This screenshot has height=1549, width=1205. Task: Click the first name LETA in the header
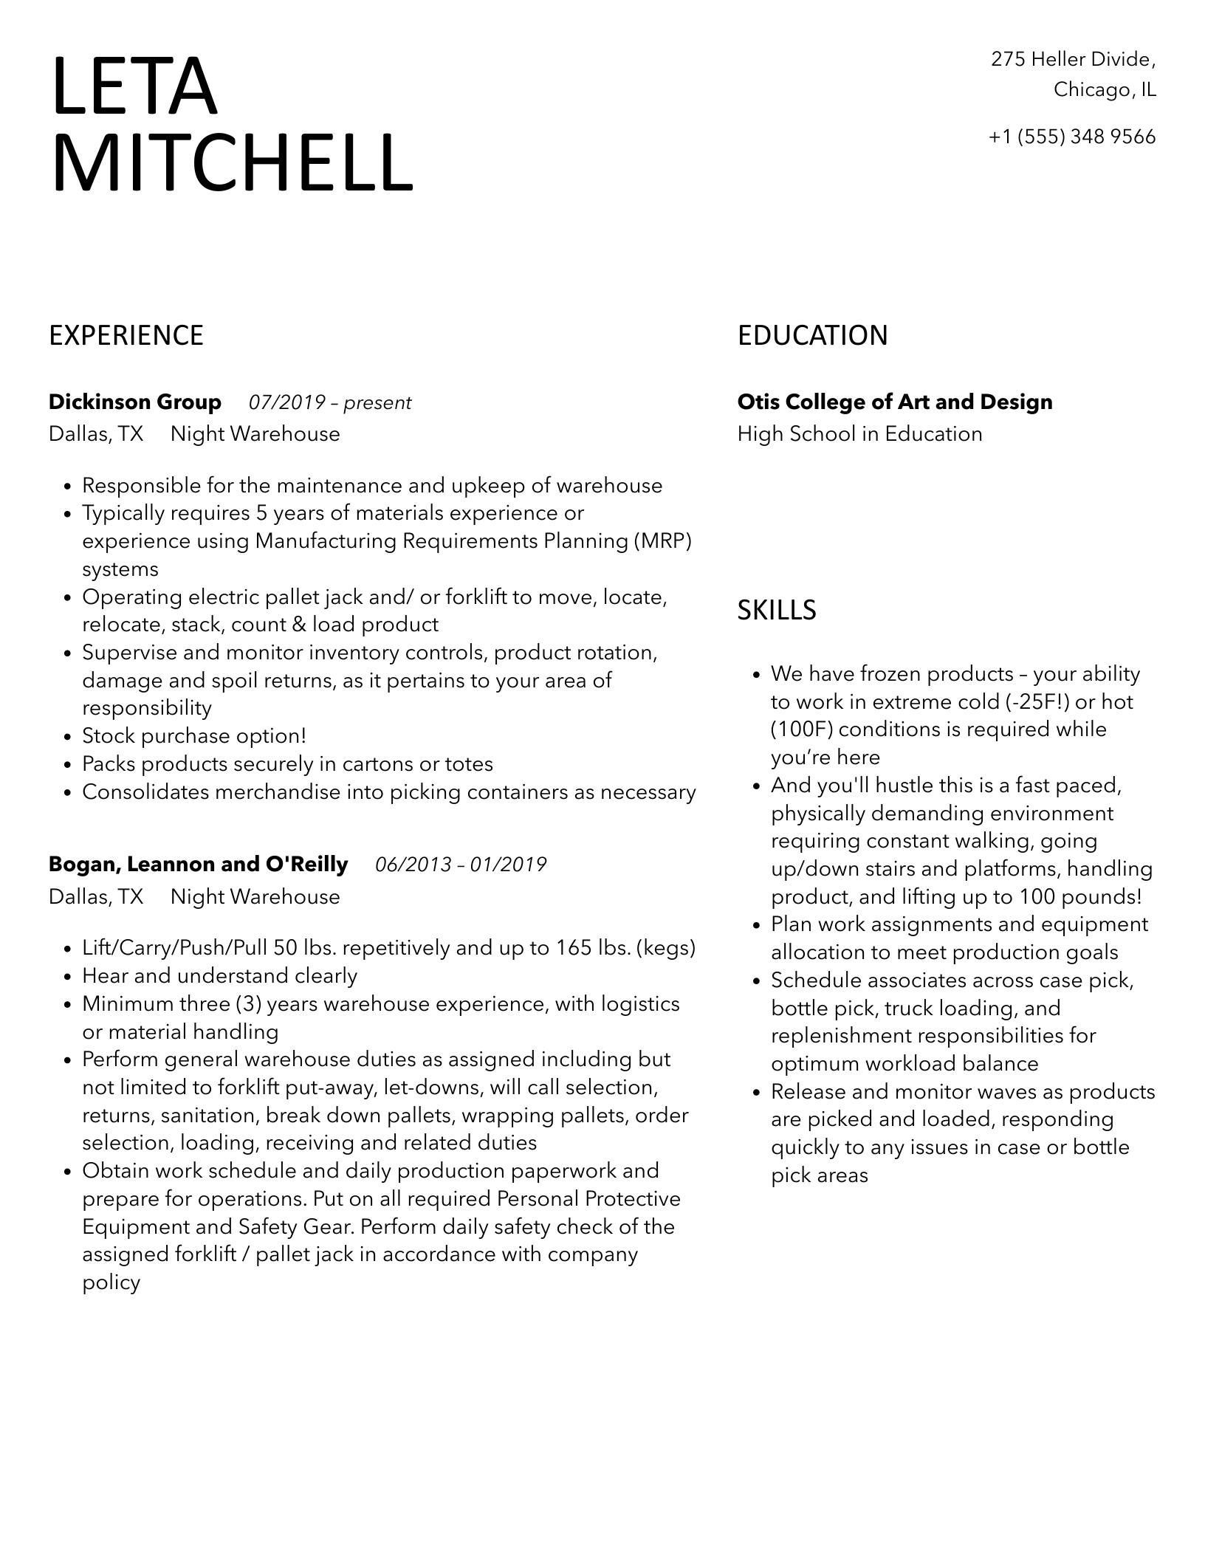[x=134, y=87]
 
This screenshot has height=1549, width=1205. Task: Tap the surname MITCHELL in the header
[x=232, y=163]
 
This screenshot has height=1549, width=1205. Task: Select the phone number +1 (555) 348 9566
[x=1071, y=137]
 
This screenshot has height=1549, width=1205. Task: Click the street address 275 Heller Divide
[x=1071, y=59]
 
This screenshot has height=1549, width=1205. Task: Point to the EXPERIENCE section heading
[x=126, y=336]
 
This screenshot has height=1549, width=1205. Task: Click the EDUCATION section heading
[x=812, y=336]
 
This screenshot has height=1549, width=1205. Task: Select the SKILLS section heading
[x=777, y=611]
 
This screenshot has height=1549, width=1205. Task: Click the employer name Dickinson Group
[x=134, y=402]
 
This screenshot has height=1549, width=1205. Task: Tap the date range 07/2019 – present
[x=329, y=403]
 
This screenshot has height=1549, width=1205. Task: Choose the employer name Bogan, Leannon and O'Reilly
[x=198, y=865]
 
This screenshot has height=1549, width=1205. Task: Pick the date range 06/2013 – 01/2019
[x=461, y=865]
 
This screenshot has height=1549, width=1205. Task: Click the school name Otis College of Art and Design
[x=895, y=402]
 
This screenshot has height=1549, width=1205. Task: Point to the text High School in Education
[x=859, y=434]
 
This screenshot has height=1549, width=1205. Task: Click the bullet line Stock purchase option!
[x=193, y=736]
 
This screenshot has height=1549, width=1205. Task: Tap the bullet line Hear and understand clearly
[x=219, y=976]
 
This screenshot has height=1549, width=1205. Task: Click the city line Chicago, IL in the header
[x=1105, y=90]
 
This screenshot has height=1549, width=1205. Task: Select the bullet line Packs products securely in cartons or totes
[x=287, y=764]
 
